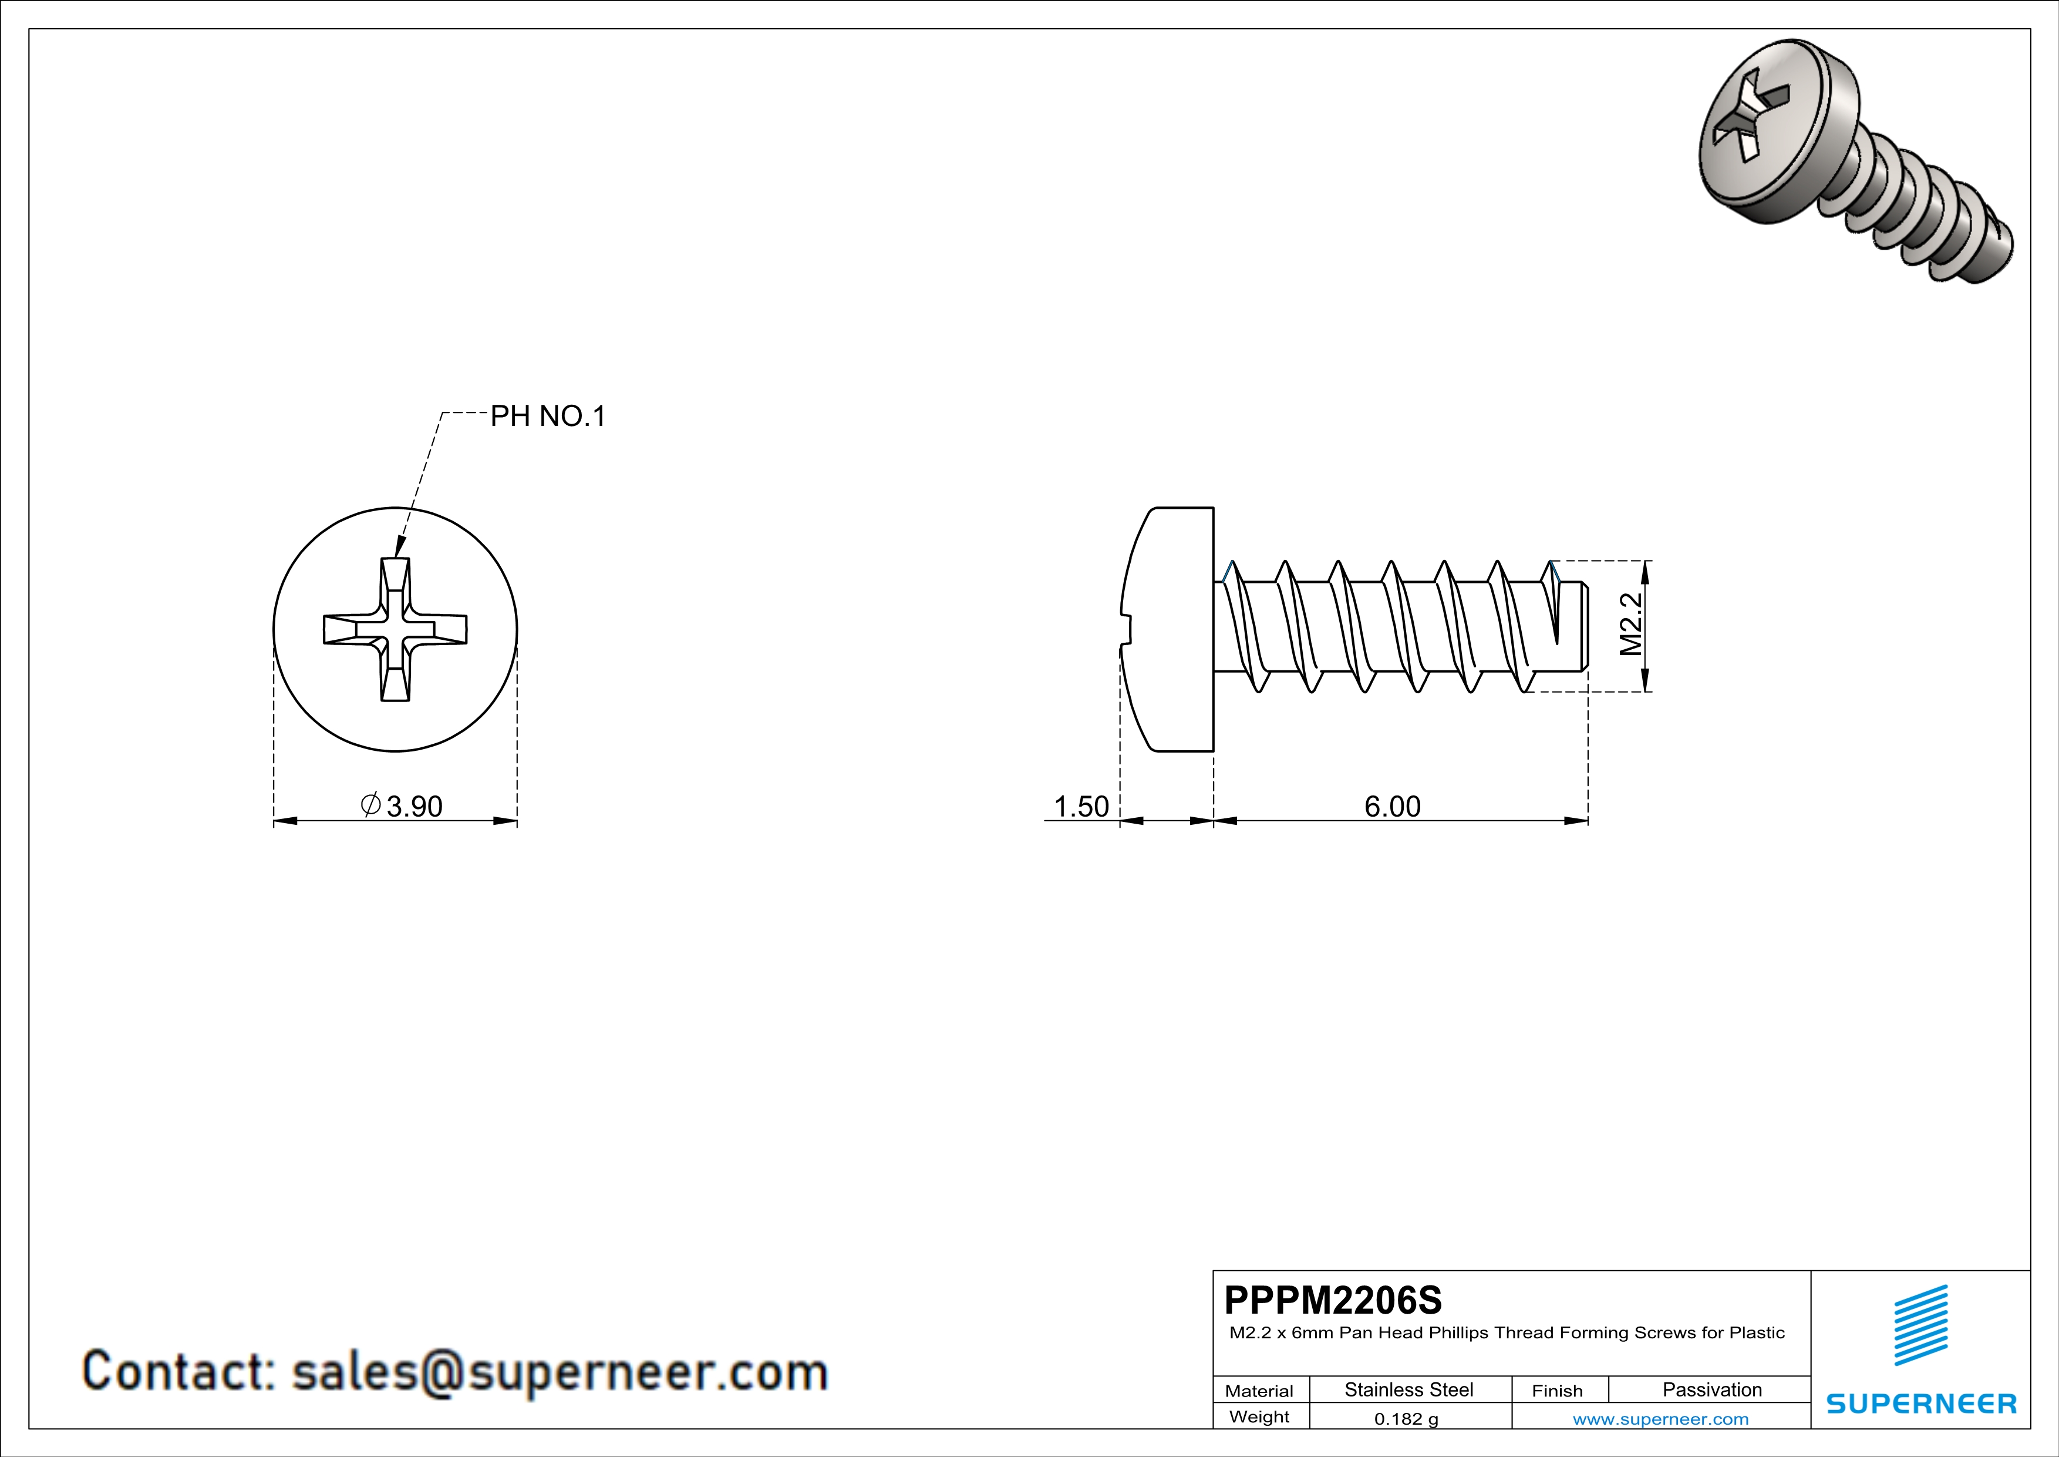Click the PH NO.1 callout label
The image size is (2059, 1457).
[x=548, y=417]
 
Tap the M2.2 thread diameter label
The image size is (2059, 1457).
[x=1630, y=625]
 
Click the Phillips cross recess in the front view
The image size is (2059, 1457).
[x=396, y=629]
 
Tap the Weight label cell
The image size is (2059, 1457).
[x=1259, y=1418]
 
